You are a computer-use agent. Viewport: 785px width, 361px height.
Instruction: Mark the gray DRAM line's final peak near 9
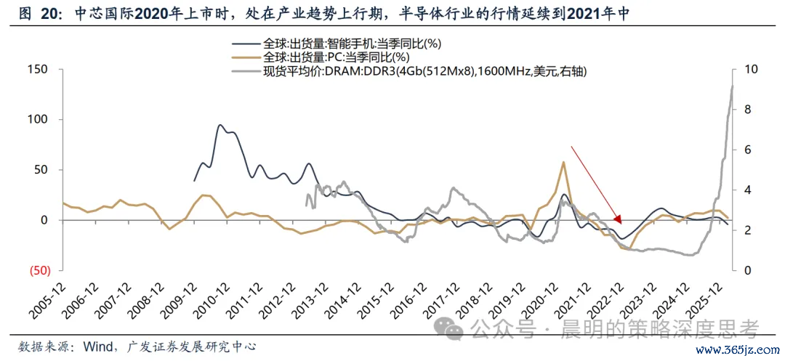pyautogui.click(x=732, y=86)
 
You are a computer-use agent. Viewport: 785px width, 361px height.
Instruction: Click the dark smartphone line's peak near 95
pyautogui.click(x=220, y=125)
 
